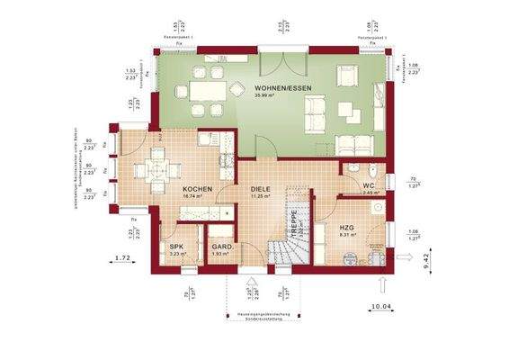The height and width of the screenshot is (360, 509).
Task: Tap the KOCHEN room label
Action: point(197,189)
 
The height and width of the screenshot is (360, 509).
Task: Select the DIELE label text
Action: point(261,189)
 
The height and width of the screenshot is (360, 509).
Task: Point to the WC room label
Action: point(370,185)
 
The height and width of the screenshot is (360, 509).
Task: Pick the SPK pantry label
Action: point(177,247)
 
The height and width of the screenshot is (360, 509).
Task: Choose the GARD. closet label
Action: point(220,247)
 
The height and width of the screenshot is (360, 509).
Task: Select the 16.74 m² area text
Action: point(197,196)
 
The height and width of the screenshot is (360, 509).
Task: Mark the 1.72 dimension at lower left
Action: point(124,259)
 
